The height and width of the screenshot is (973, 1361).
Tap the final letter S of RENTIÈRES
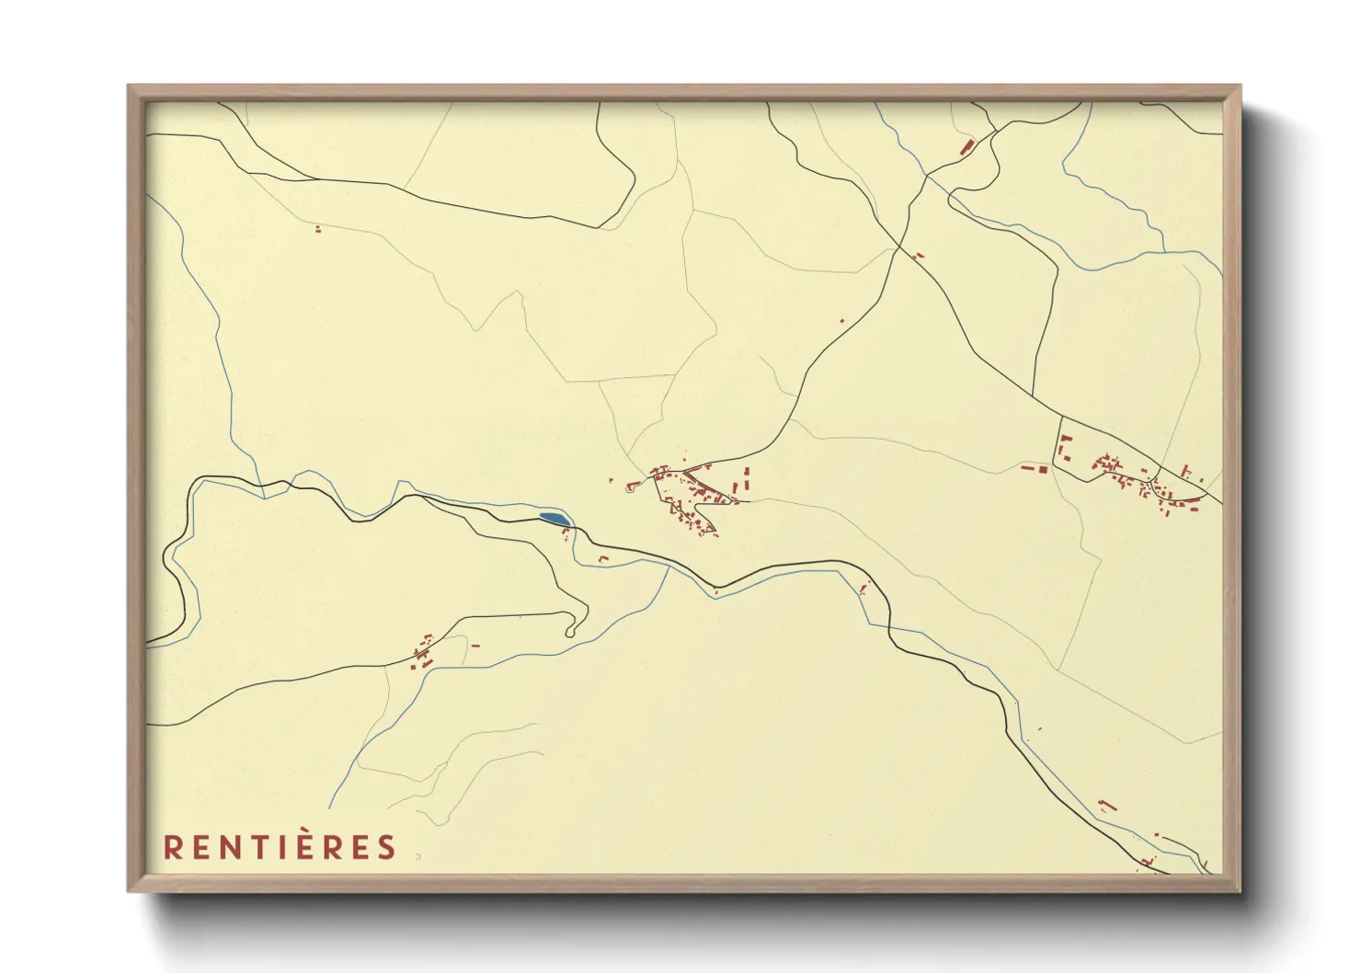click(x=387, y=847)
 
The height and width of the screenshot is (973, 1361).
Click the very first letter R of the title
click(x=171, y=847)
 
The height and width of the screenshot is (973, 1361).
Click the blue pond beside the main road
click(x=554, y=520)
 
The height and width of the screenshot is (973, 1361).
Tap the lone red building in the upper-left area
click(x=318, y=228)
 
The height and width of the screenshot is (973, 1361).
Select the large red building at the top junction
click(x=966, y=146)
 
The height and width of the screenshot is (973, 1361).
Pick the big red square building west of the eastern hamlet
click(x=1043, y=469)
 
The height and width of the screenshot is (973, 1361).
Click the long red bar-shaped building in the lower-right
click(x=1107, y=806)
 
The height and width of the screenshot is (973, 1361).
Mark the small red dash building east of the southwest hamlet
click(x=475, y=646)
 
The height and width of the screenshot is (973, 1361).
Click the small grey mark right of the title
click(x=417, y=856)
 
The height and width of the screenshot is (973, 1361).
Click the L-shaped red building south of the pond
click(x=603, y=558)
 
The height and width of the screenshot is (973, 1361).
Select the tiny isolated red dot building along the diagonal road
click(x=841, y=320)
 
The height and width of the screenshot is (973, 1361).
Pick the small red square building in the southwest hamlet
click(x=426, y=660)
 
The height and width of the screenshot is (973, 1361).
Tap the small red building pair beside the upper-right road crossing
click(x=919, y=256)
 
